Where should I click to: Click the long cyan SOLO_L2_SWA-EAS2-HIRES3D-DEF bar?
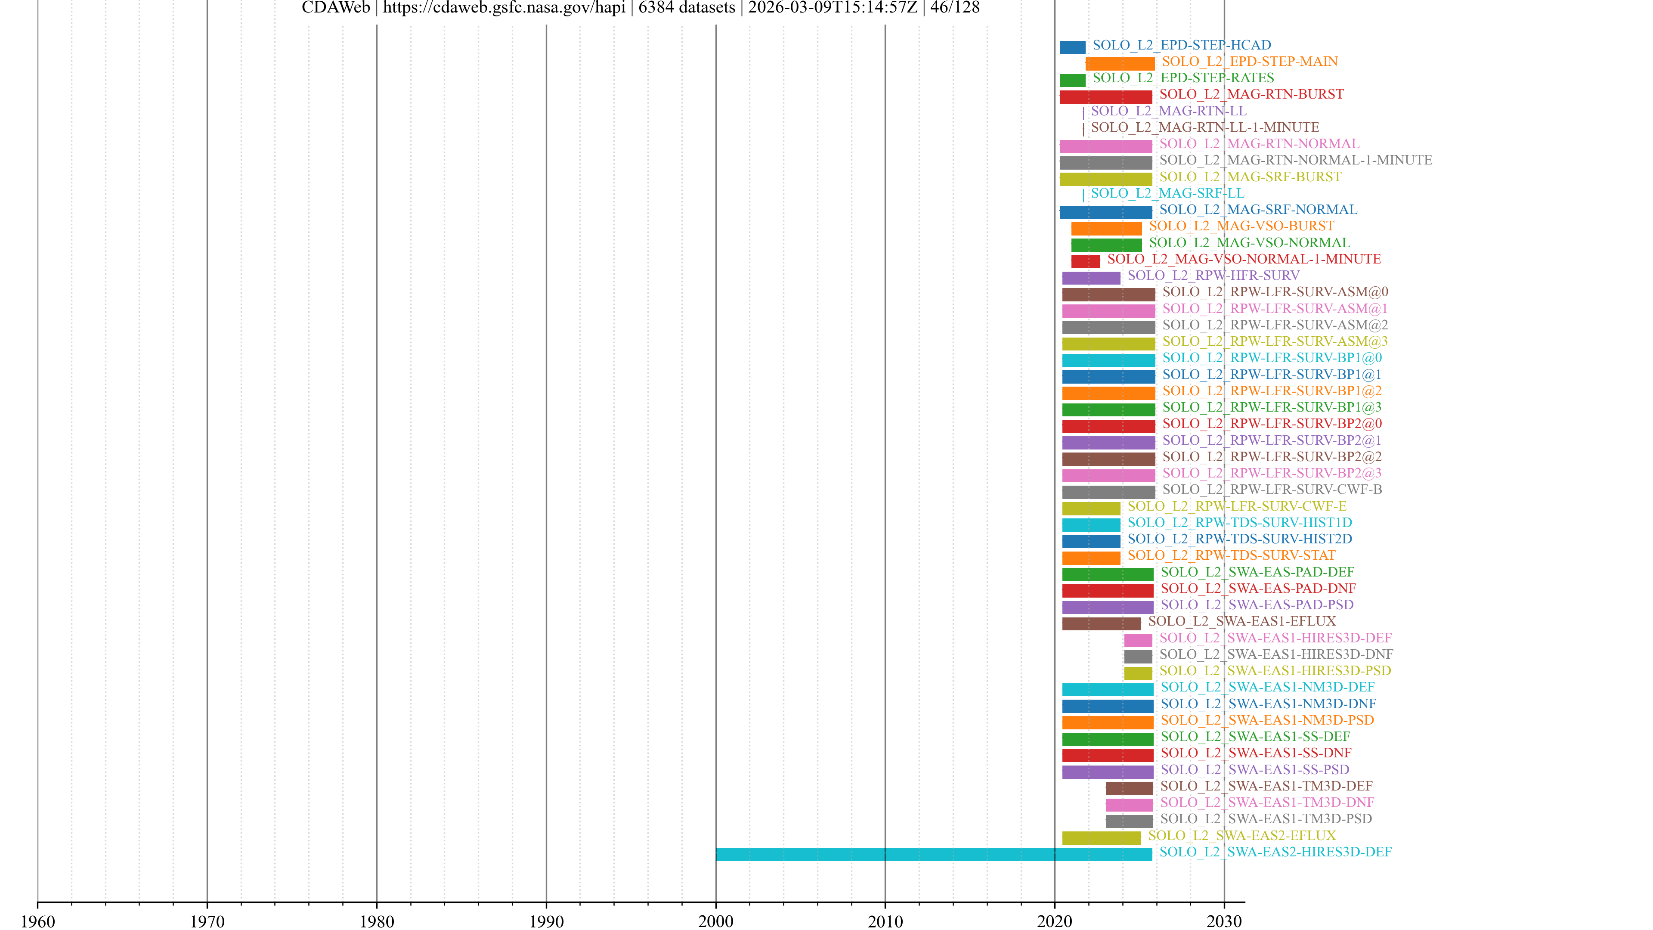934,854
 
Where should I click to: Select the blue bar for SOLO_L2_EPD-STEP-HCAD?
1072,47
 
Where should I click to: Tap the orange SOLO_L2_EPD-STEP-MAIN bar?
1120,64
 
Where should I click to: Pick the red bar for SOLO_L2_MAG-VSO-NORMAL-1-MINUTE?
1085,261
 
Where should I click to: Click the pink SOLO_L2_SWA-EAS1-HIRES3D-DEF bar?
1138,640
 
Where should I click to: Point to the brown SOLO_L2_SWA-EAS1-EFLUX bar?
1101,624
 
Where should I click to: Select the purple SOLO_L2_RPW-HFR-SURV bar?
1091,278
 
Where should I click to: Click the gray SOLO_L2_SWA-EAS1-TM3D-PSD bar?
1129,821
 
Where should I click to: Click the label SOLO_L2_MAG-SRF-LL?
1167,193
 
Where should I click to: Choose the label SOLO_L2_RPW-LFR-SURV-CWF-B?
1272,490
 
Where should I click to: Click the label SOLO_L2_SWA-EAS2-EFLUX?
1241,836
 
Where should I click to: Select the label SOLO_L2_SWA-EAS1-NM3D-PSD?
1267,720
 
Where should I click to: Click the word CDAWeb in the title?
336,8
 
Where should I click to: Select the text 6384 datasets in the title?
687,8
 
